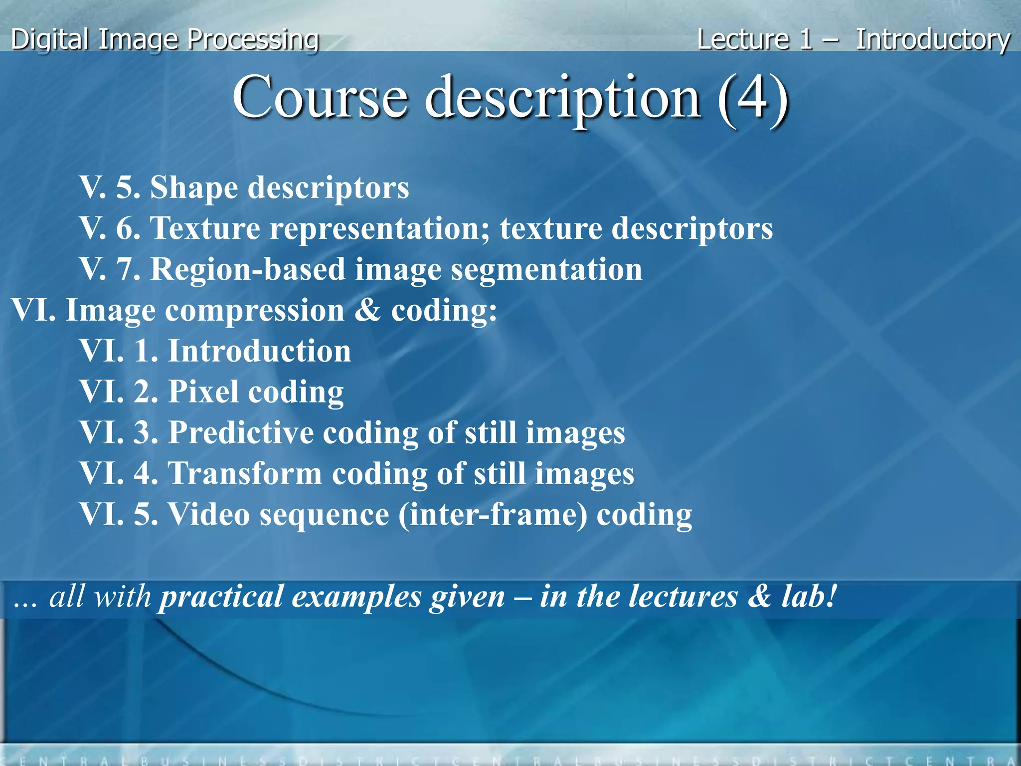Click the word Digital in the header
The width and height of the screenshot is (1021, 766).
coord(50,39)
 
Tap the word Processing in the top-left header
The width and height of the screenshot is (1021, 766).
coord(254,39)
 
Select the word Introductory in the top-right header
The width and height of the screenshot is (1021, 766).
coord(933,39)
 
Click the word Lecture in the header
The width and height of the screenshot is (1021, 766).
coord(743,39)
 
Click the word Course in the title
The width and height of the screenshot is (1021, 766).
coord(320,97)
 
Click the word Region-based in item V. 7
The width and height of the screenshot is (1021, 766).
coord(248,269)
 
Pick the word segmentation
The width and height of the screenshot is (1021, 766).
coord(546,270)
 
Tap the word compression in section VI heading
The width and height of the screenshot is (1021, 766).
coord(255,311)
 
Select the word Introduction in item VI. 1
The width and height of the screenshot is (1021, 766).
coord(260,351)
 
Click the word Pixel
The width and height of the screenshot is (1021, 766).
coord(203,391)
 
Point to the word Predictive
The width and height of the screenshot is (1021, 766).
coord(241,432)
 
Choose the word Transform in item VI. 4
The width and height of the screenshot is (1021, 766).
coord(245,473)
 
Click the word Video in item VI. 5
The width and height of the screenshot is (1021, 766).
coord(208,514)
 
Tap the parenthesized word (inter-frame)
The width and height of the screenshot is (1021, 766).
coord(493,515)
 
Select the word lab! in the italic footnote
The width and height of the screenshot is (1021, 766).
coord(808,596)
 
